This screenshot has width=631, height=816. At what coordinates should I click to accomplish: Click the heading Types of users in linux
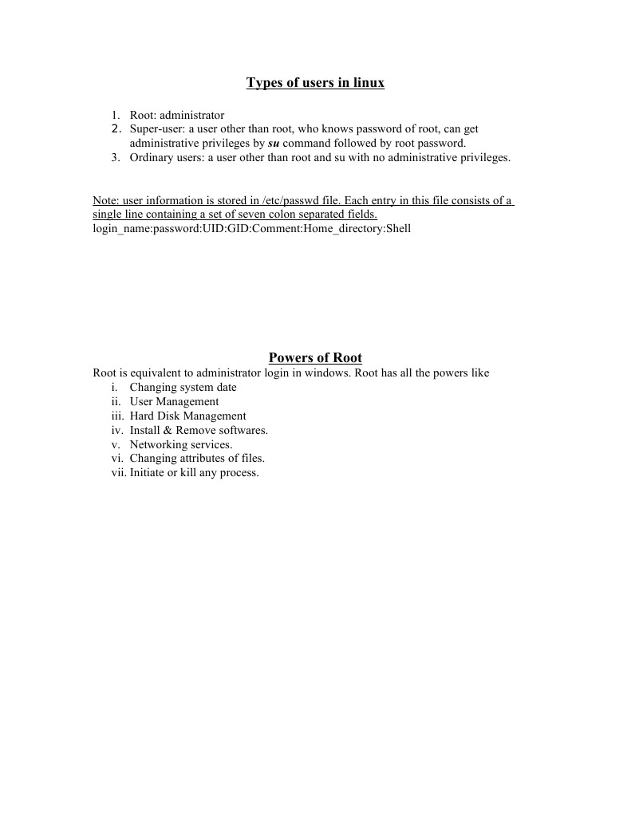tap(315, 83)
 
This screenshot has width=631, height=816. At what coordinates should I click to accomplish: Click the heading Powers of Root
tap(315, 358)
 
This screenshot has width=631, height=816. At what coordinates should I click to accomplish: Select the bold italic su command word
tap(274, 144)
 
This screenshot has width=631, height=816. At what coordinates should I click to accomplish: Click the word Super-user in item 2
tap(157, 128)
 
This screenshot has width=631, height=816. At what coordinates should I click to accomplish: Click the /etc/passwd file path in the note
tap(278, 201)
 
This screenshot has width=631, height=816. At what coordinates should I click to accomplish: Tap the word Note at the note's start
tap(105, 201)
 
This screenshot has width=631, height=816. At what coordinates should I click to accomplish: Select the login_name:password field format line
tap(252, 229)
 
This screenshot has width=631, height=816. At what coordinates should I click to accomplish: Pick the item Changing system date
tap(183, 388)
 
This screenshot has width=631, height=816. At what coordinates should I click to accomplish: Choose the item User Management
tap(174, 402)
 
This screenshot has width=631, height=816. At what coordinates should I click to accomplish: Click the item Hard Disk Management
tap(187, 416)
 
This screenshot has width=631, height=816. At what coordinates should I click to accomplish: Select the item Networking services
tap(181, 445)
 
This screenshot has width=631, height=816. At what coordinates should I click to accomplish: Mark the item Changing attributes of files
tap(197, 459)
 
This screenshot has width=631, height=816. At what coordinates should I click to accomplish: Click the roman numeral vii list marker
tap(119, 473)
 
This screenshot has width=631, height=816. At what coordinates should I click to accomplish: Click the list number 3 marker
tap(116, 158)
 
